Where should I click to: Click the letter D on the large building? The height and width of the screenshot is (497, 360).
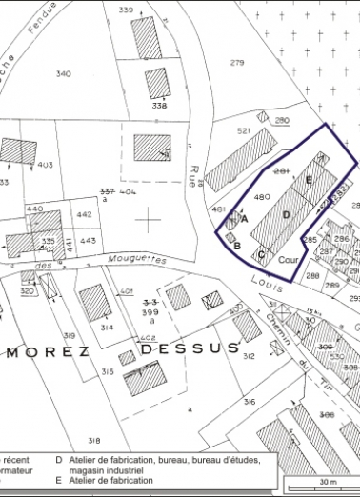tap(286, 215)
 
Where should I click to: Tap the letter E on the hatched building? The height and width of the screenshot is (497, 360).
tap(309, 180)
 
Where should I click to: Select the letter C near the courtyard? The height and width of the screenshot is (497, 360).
tap(260, 254)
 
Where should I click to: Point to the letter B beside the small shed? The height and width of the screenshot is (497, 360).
tap(236, 246)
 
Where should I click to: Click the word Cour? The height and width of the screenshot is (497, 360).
tap(289, 258)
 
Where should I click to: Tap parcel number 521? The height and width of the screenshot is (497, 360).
tap(244, 131)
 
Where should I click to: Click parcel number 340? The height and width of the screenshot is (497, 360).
tap(63, 73)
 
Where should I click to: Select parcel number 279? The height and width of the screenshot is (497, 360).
tap(238, 63)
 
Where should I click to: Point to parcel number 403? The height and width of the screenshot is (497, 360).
tap(45, 165)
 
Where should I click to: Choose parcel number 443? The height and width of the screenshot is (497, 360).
tap(88, 240)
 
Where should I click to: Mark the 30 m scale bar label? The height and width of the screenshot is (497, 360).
tap(329, 482)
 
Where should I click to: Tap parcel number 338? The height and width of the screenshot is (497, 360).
tap(159, 106)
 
